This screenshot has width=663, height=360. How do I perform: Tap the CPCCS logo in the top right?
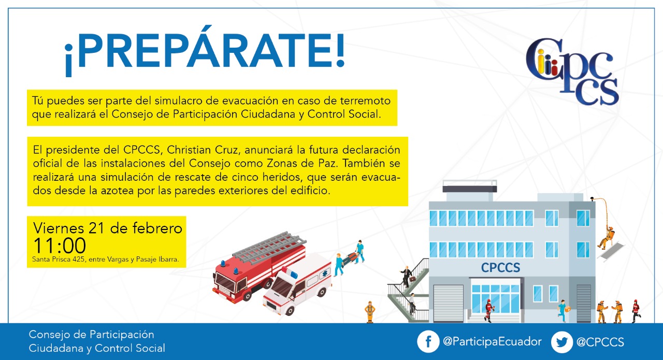point(572,72)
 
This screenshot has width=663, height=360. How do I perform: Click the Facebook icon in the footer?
point(428,342)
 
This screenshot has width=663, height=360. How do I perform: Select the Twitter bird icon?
point(562,342)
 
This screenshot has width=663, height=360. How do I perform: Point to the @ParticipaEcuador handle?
point(492,342)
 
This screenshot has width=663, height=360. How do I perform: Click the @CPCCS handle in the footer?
point(600,342)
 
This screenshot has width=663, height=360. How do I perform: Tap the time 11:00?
point(60,246)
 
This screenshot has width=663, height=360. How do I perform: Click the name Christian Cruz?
point(203,150)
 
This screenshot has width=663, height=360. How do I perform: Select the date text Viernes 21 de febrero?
point(107,228)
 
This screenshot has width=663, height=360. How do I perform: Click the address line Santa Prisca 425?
point(105,260)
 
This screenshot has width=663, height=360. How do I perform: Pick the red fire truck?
point(260,266)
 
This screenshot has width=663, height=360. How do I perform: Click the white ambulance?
point(297,284)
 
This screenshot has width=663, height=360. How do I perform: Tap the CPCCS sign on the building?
point(500,268)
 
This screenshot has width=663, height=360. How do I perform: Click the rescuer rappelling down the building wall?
point(606,238)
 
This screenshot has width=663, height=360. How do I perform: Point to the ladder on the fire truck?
point(269,248)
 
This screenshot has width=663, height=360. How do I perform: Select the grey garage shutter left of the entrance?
point(449,303)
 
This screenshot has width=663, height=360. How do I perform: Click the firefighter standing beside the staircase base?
point(370,312)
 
